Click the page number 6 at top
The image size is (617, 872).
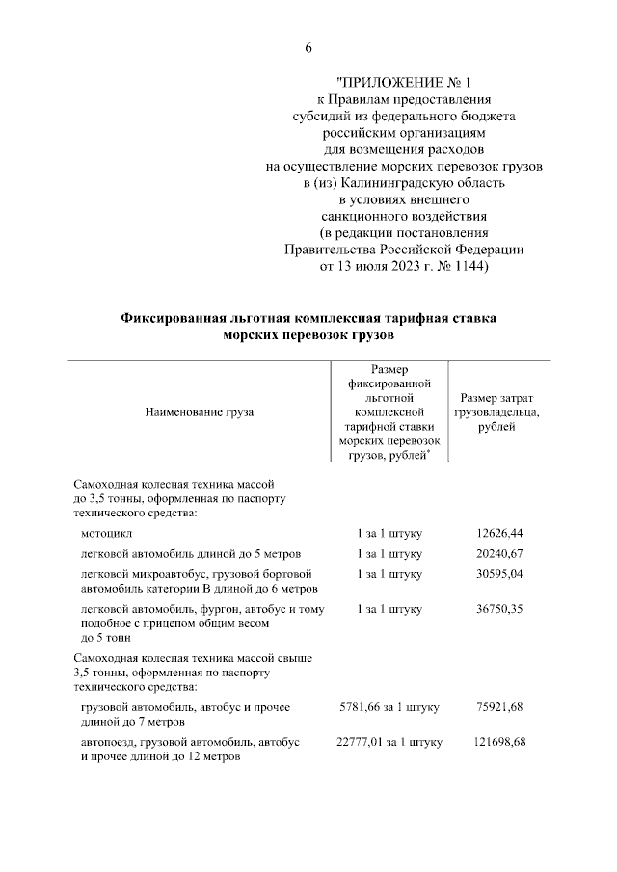(x=308, y=48)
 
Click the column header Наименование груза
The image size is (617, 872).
(x=199, y=412)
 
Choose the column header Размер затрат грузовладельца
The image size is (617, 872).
(x=498, y=412)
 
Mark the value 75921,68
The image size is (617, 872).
(x=499, y=707)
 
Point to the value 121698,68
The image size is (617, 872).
(x=499, y=742)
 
